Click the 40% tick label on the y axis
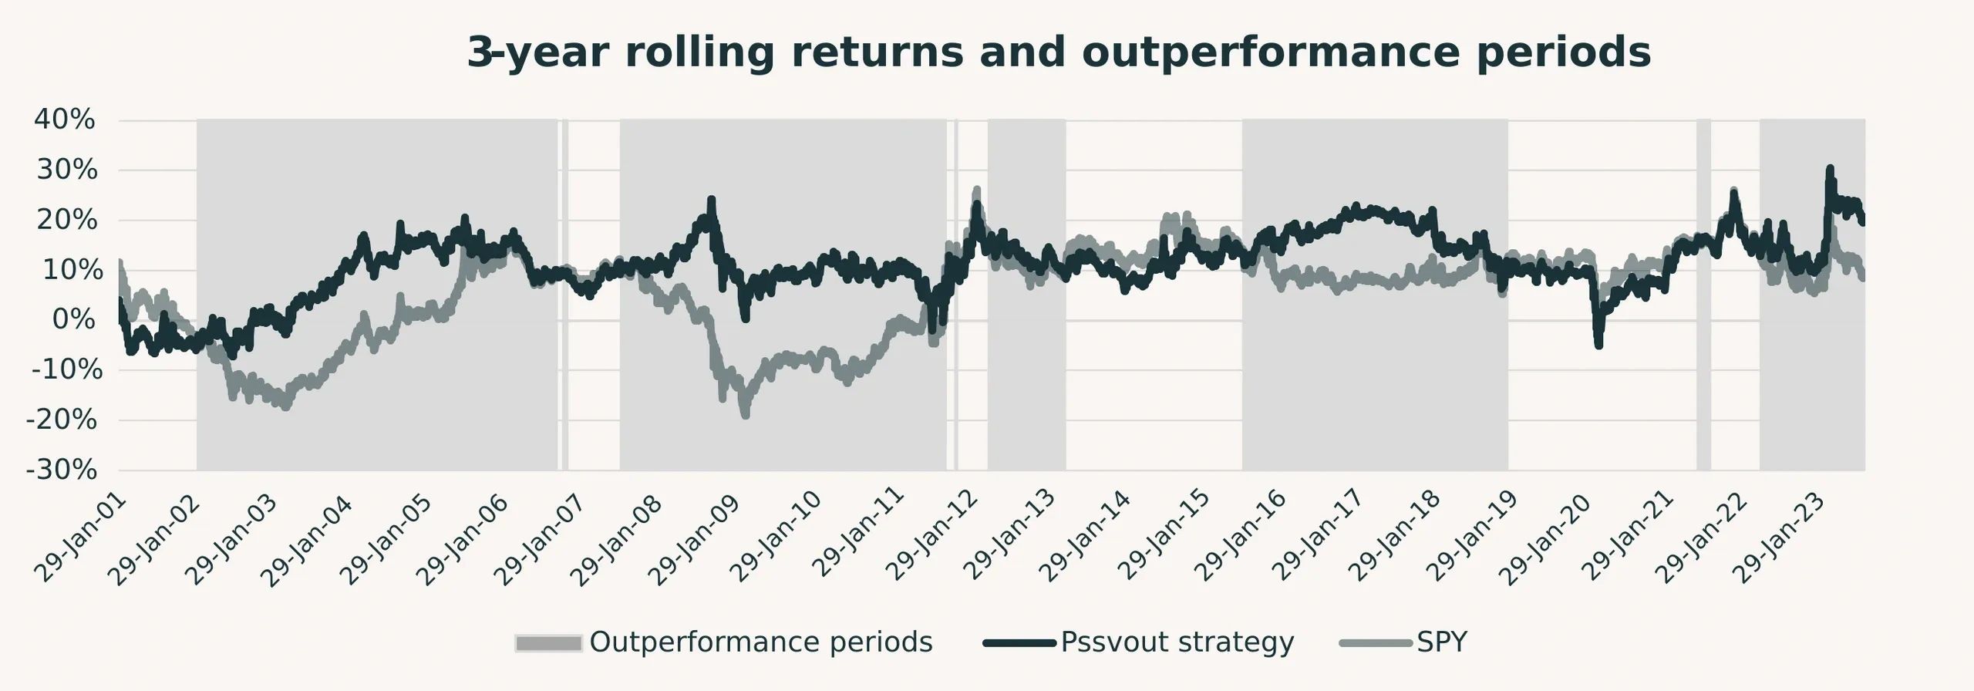(65, 120)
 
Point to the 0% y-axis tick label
(74, 320)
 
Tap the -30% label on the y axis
(62, 470)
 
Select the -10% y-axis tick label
(67, 370)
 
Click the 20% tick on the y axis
(67, 221)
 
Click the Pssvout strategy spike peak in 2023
(1829, 168)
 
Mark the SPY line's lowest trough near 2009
(745, 416)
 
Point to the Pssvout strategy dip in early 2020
(1598, 345)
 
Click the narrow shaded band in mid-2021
(1703, 293)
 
